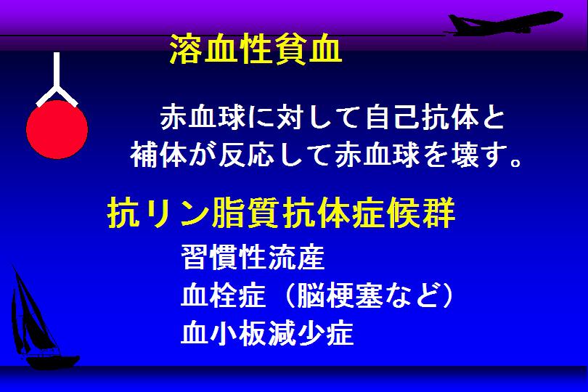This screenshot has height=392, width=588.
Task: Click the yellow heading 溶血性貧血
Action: (256, 49)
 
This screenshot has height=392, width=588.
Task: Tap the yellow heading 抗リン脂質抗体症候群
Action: (281, 213)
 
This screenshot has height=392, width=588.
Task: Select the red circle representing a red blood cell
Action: (57, 129)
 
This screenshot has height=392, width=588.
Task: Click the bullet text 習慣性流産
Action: (253, 257)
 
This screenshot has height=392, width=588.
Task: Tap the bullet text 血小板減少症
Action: (267, 332)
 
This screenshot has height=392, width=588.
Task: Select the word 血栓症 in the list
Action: (224, 295)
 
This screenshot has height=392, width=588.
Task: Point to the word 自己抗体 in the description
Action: (422, 118)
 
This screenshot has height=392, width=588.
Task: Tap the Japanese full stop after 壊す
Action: (516, 162)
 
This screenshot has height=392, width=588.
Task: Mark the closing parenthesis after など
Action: (447, 295)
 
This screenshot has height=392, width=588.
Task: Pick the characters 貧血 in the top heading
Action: (308, 49)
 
